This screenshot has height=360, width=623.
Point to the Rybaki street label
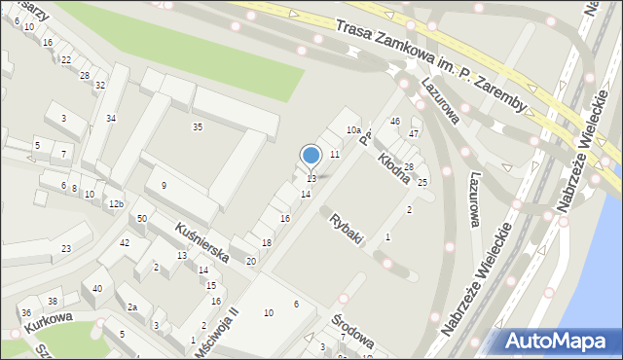pos(348,230)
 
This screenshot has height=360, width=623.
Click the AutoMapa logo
pos(558,342)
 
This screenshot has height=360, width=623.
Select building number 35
pos(198,126)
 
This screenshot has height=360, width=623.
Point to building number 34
pos(111,118)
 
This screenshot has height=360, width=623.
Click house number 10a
pos(354,129)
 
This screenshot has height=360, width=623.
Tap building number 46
pos(394,121)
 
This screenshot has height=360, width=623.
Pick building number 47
pos(414,132)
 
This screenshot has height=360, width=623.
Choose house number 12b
pos(116,204)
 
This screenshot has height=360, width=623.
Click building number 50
pos(142,218)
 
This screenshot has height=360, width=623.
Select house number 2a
pos(132,306)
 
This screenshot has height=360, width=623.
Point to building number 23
pos(65,249)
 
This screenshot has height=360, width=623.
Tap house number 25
pos(422,182)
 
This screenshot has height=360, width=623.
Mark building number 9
pos(164,185)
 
